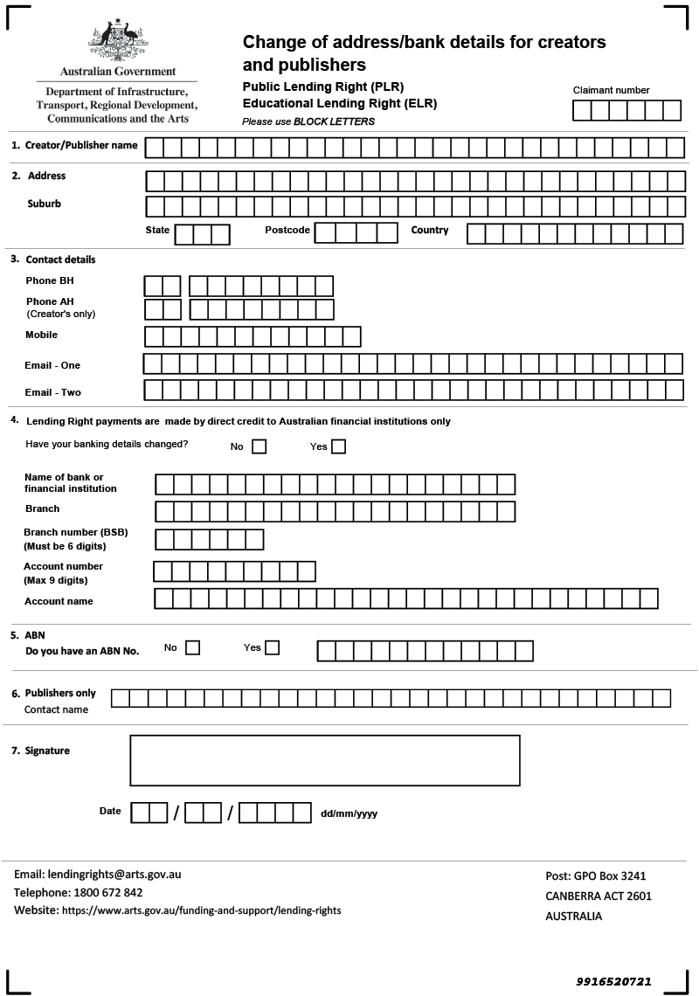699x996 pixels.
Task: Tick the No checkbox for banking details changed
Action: pos(259,446)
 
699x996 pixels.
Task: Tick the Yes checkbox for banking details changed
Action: pos(338,446)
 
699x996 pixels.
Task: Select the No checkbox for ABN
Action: pos(192,647)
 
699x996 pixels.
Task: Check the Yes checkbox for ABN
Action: pos(272,647)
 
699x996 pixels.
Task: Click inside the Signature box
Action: pos(324,760)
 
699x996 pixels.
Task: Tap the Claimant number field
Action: pos(626,110)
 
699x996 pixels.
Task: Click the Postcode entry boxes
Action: pos(356,232)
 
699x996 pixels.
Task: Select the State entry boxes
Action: pos(202,234)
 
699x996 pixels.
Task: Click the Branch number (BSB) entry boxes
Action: pos(209,539)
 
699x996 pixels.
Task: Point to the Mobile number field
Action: pos(253,336)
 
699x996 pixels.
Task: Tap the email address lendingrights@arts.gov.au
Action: pos(114,874)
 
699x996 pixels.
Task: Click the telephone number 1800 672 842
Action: pos(103,892)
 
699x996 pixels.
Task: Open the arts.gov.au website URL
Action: pos(200,910)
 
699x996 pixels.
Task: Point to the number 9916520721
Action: pos(613,981)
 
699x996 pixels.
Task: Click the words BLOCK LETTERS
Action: pos(334,121)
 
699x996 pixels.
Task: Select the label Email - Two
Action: pos(53,392)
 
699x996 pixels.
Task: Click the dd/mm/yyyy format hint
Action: pos(349,813)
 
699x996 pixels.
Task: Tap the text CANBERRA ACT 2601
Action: pos(599,896)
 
